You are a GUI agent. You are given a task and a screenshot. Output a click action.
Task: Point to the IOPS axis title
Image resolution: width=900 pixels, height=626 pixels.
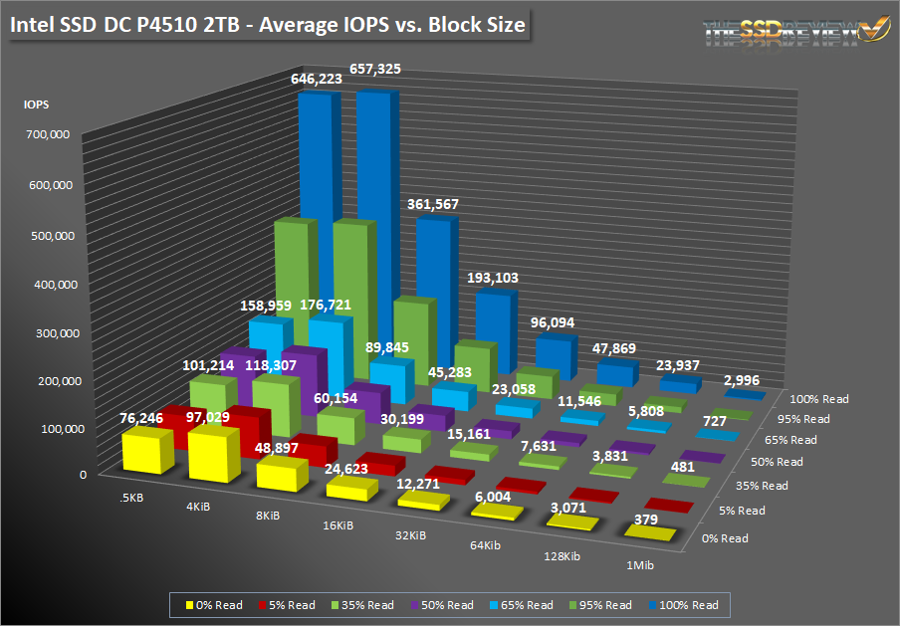point(37,103)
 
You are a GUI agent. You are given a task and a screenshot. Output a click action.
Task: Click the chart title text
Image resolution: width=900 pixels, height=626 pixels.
point(267,25)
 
